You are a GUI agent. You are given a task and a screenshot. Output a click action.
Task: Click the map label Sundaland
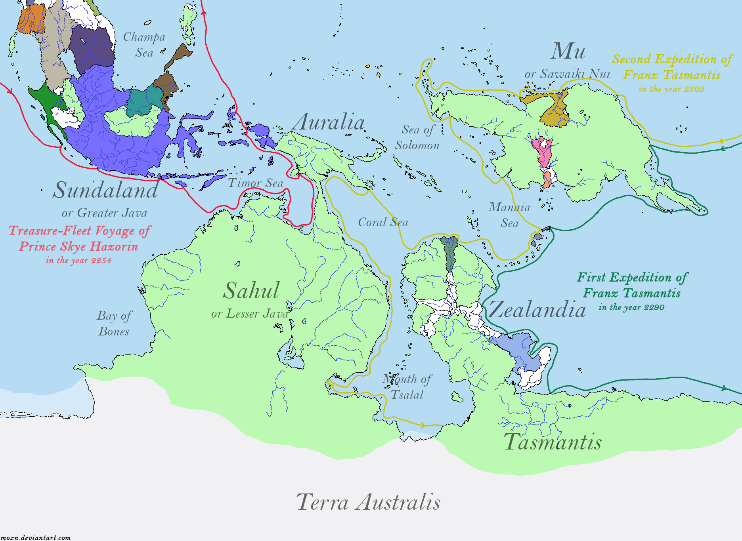(x=106, y=190)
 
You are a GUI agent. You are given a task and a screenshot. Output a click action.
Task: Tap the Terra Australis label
(x=368, y=502)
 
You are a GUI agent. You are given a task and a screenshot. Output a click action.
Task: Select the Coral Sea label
(x=383, y=222)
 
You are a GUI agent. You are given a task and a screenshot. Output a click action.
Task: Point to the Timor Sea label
(x=256, y=183)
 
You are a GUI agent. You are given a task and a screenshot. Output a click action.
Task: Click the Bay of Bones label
(x=114, y=324)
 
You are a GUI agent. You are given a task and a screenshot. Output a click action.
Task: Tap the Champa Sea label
(x=144, y=44)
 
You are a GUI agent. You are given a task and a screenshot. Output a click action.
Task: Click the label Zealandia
(x=537, y=309)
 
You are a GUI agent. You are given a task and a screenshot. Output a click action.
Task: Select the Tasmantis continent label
(x=553, y=442)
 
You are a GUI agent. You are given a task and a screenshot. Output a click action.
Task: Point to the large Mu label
(x=568, y=51)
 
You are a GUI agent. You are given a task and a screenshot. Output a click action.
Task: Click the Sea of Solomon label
(x=417, y=137)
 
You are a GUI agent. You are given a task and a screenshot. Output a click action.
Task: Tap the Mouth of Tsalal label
(x=407, y=387)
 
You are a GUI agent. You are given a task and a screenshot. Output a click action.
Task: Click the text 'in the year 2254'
(x=78, y=261)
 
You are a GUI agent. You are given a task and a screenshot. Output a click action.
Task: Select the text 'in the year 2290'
(x=631, y=307)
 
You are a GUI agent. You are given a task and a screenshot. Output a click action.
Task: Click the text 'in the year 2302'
(x=671, y=89)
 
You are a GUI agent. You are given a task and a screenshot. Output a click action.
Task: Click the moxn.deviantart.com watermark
(x=36, y=537)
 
